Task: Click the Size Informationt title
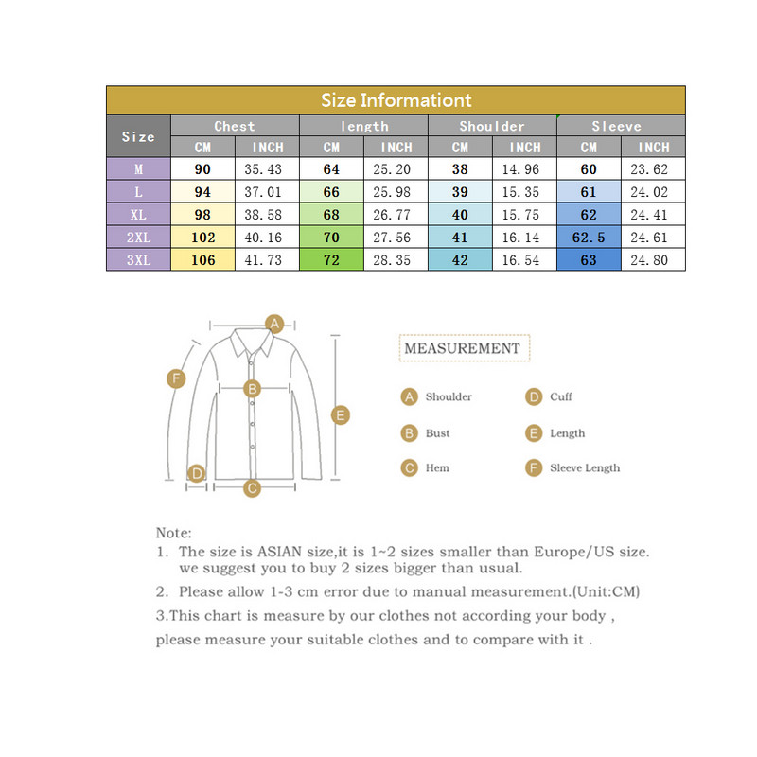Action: [x=396, y=100]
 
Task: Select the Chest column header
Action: [x=235, y=126]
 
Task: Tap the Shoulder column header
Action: [x=492, y=126]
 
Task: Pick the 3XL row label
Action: [x=138, y=260]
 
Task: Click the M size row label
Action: [x=138, y=169]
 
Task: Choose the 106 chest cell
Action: [x=202, y=260]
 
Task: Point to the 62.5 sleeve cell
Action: [x=589, y=238]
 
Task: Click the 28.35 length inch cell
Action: [x=396, y=260]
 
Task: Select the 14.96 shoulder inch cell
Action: [x=525, y=169]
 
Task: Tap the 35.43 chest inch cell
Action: [x=267, y=169]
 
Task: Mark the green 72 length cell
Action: [x=331, y=260]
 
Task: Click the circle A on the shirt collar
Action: [x=274, y=324]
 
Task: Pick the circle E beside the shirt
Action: [x=341, y=414]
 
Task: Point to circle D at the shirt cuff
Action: [x=197, y=472]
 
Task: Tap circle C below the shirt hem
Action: [x=252, y=488]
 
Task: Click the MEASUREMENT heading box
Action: [x=462, y=348]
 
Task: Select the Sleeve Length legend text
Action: [x=585, y=467]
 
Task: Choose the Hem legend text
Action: [x=437, y=467]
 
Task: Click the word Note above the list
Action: [x=173, y=533]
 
